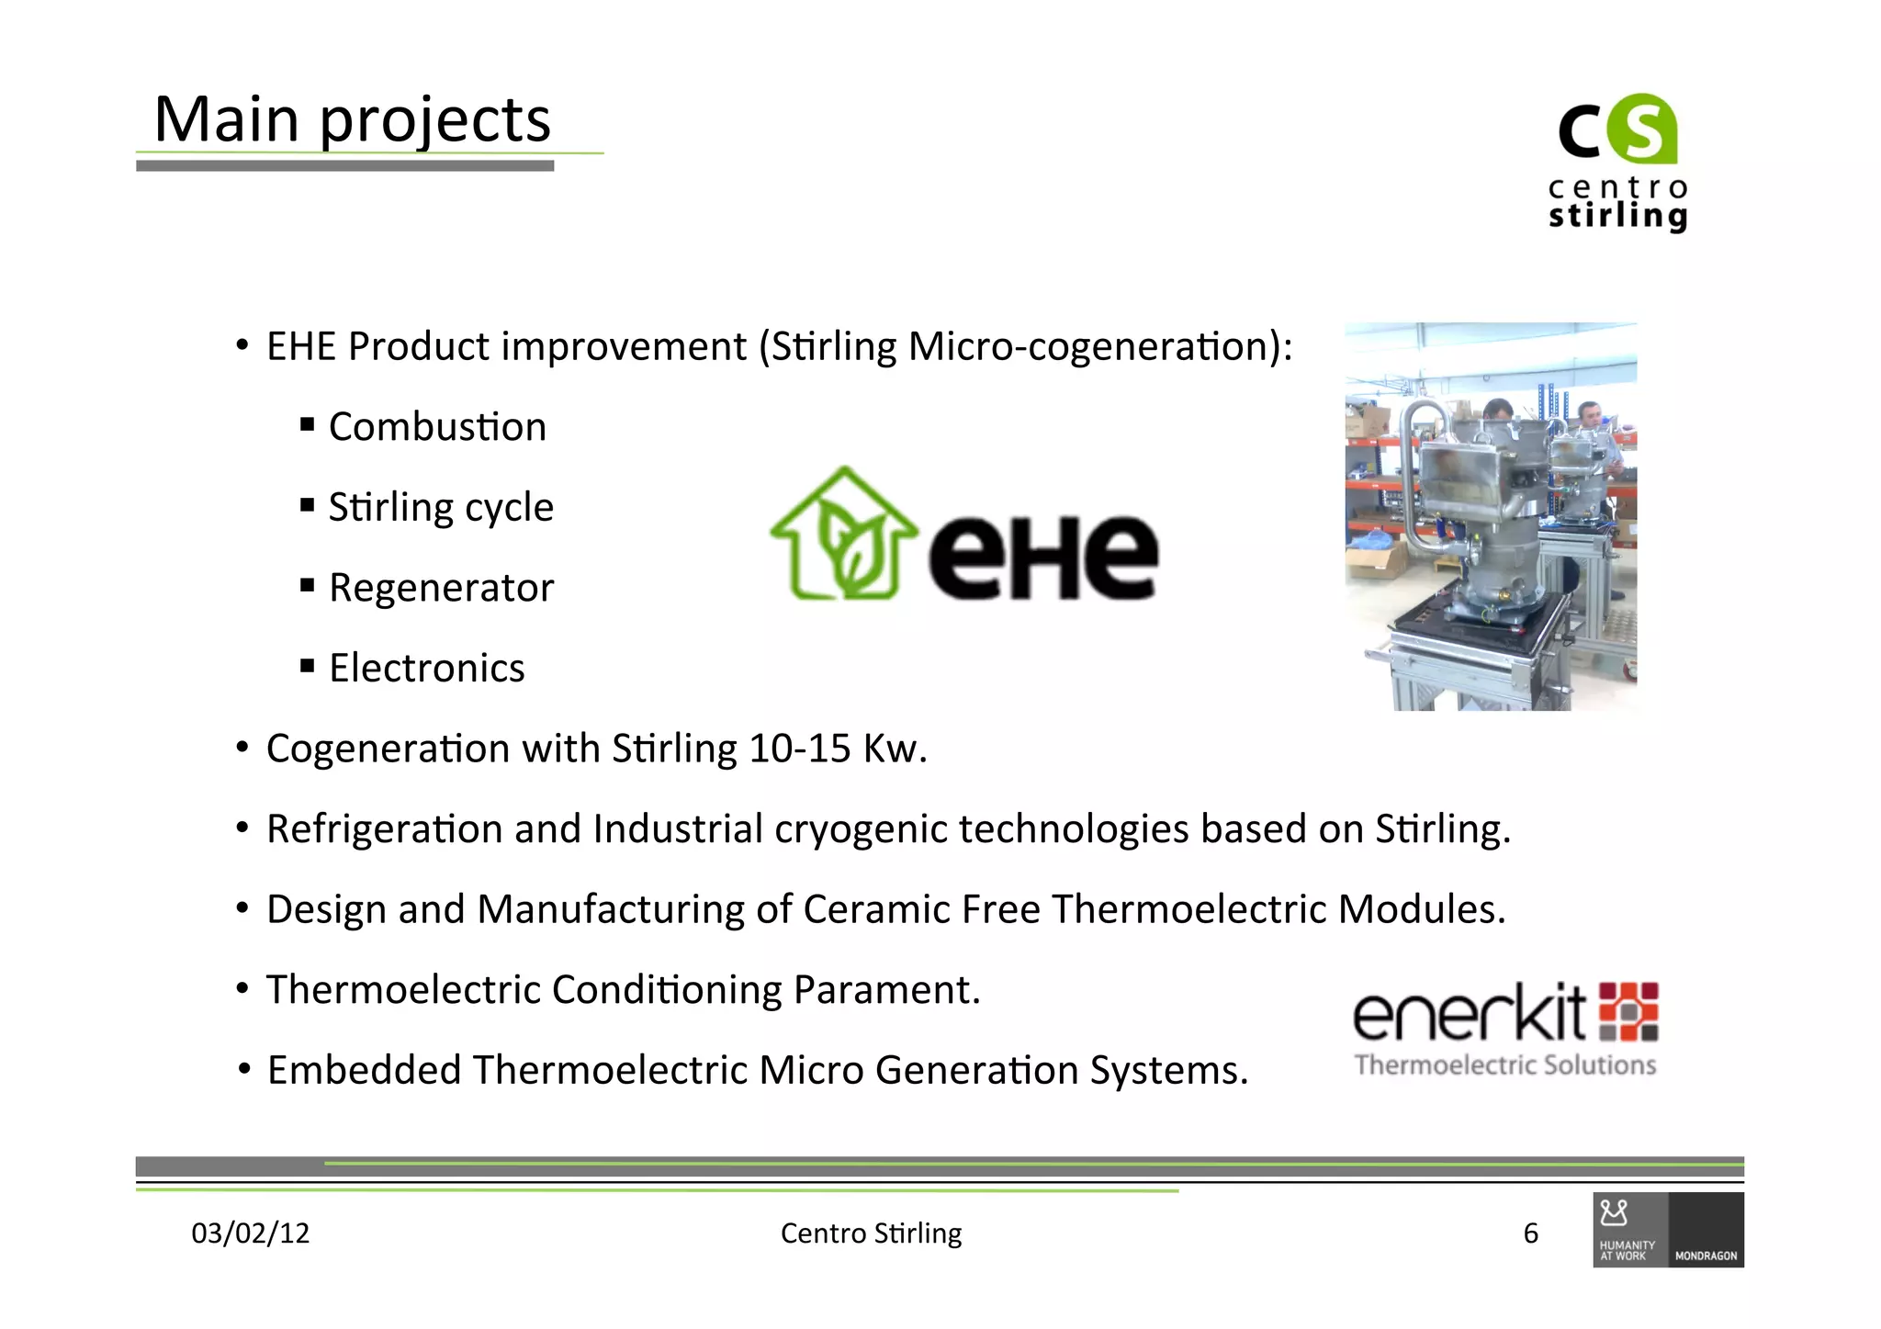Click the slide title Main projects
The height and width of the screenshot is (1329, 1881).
(x=352, y=120)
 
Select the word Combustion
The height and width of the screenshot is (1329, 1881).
(x=437, y=427)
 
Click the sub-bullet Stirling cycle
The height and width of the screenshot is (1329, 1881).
(x=441, y=508)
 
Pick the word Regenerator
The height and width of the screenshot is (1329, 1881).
(x=441, y=588)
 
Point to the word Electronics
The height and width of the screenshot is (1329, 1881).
(x=427, y=669)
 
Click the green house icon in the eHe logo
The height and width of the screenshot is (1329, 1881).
(x=843, y=537)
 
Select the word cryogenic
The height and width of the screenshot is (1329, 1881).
(x=861, y=829)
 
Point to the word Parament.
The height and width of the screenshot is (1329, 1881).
(x=886, y=990)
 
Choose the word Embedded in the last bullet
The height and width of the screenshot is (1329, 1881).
(x=364, y=1071)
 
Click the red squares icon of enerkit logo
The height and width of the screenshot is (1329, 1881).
(x=1628, y=1012)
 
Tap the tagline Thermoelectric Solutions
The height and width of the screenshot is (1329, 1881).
(x=1505, y=1065)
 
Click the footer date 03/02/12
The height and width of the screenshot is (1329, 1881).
(x=250, y=1233)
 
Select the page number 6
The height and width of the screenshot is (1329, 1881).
(x=1530, y=1233)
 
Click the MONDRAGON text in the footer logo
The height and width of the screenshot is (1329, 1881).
(x=1706, y=1256)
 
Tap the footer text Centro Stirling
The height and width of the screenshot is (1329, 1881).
(x=871, y=1233)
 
